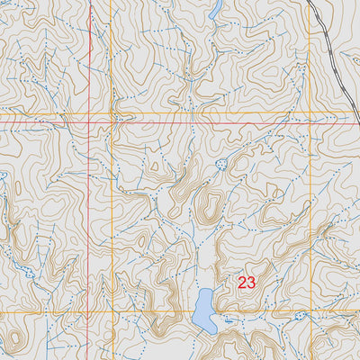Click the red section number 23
(247, 282)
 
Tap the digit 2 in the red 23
(242, 282)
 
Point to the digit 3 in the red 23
(252, 282)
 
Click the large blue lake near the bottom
(203, 310)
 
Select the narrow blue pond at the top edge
(215, 10)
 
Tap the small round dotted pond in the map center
(221, 164)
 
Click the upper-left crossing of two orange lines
(111, 112)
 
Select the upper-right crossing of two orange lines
(309, 112)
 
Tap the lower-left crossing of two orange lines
(111, 312)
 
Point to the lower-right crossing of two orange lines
(309, 312)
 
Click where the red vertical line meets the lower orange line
(90, 312)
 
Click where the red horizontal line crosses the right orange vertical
(309, 121)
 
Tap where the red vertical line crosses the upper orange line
(90, 112)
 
